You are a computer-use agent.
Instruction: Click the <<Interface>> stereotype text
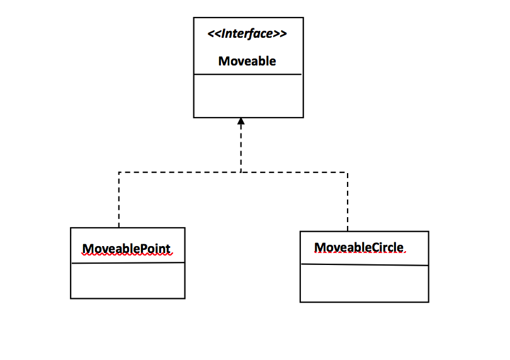point(247,33)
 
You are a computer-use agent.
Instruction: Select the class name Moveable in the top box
point(247,61)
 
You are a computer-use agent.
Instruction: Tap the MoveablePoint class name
point(127,249)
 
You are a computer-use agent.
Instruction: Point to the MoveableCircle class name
point(359,247)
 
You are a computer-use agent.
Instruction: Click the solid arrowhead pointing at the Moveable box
point(241,121)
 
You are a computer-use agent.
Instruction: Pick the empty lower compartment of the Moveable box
point(248,96)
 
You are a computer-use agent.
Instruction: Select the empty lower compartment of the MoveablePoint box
point(127,280)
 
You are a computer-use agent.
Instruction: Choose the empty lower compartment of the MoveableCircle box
point(365,283)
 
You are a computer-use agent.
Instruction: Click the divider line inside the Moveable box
point(248,74)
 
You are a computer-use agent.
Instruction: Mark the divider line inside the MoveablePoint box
point(127,263)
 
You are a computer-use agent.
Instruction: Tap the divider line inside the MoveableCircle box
point(365,265)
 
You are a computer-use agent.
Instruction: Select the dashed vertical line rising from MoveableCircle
point(348,201)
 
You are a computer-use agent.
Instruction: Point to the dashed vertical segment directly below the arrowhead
point(241,149)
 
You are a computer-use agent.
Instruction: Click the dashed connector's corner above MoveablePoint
point(119,172)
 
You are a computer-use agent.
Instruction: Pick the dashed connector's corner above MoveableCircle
point(348,172)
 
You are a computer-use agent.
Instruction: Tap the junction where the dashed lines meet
point(241,172)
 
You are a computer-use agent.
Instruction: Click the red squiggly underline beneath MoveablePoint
point(127,255)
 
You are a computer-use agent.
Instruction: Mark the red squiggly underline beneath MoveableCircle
point(359,253)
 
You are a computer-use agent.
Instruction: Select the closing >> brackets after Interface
point(281,33)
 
